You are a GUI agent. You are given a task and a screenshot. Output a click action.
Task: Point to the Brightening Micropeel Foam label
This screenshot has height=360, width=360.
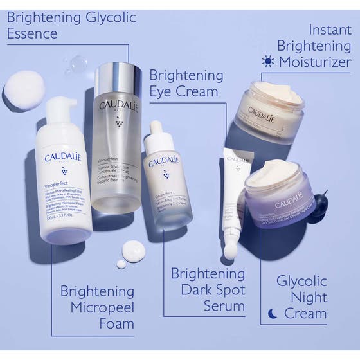97,307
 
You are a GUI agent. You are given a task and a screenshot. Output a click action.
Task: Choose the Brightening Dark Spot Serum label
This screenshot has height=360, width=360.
208,289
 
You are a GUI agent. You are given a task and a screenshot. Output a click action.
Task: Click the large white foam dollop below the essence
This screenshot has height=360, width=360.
134,249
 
